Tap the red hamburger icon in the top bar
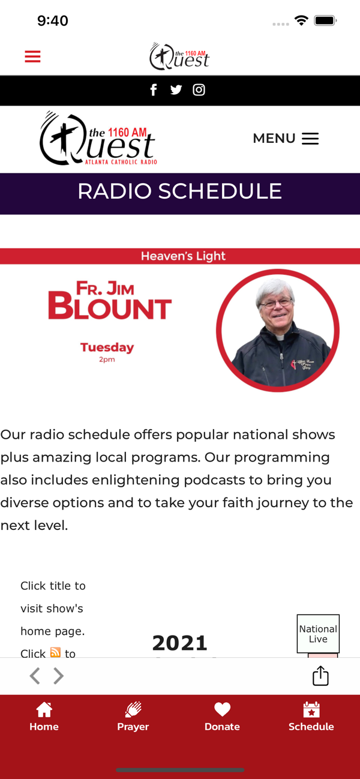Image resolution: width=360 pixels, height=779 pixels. tap(32, 56)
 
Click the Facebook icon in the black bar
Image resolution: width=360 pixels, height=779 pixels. tap(154, 90)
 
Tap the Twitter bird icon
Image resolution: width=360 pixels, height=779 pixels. tap(176, 90)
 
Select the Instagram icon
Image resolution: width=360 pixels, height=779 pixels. tap(199, 90)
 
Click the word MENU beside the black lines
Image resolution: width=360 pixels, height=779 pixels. tap(274, 138)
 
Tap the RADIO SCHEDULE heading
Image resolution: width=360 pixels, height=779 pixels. tap(180, 191)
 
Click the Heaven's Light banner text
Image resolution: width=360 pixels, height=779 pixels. tap(184, 256)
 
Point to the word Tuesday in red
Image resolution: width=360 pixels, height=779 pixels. tap(107, 347)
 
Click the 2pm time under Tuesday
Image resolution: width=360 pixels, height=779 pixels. tap(107, 359)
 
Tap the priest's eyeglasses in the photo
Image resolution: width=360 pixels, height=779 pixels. tap(277, 304)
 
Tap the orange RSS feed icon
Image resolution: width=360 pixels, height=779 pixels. tap(55, 652)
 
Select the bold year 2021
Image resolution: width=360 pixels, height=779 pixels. tap(180, 643)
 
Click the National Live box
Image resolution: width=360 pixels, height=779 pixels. tap(318, 634)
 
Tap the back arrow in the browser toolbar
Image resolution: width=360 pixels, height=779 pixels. tap(34, 676)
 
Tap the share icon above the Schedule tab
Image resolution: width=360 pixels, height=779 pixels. tap(320, 675)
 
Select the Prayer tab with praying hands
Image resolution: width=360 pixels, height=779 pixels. tap(133, 717)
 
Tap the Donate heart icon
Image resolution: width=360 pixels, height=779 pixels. tap(222, 709)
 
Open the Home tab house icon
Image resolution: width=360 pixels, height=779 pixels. tap(44, 709)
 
